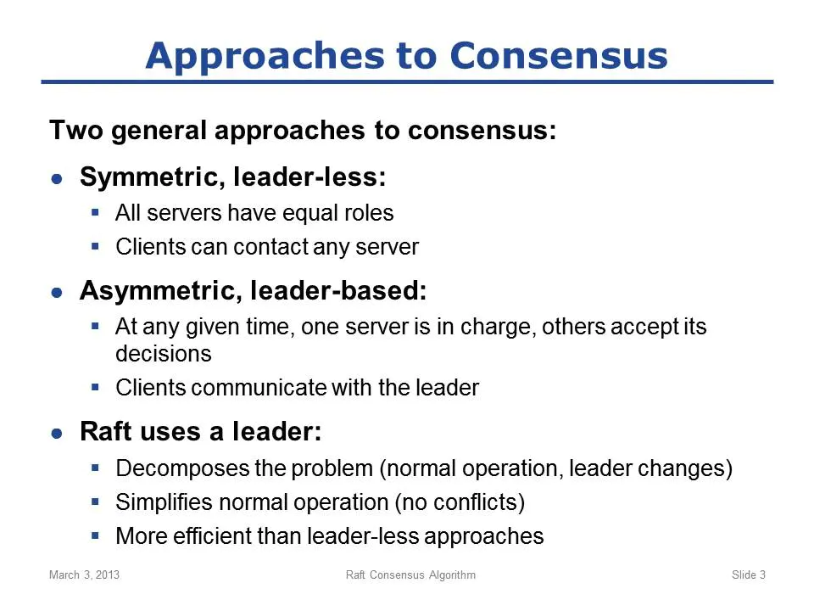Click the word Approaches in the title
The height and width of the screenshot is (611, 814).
pos(266,57)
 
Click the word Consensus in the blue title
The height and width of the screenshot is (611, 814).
pos(559,55)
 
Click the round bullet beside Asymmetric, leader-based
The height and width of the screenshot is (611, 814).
pos(57,293)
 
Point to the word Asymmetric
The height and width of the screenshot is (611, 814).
pos(161,291)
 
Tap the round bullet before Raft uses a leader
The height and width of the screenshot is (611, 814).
pos(57,434)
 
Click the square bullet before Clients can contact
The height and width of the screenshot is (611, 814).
pos(95,246)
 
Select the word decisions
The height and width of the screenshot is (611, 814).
pos(164,354)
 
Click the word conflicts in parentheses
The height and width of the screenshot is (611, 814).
pos(475,502)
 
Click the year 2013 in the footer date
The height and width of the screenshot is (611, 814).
pos(108,575)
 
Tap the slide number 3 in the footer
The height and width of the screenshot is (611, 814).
pos(762,575)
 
